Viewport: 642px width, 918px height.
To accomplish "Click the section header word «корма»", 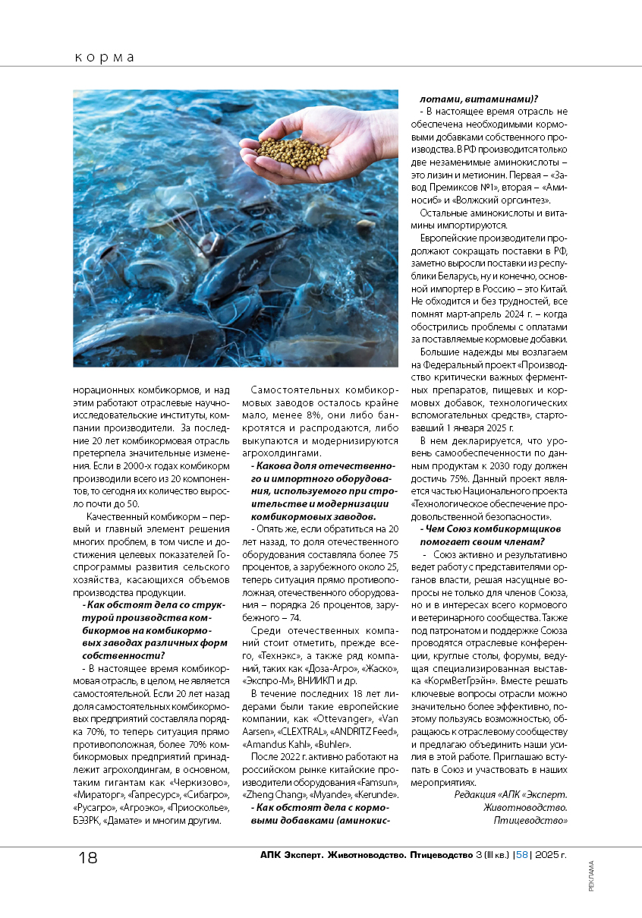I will click(105, 57).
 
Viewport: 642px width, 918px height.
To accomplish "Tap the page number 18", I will click(88, 857).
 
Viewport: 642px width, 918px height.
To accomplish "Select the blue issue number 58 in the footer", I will click(522, 856).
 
